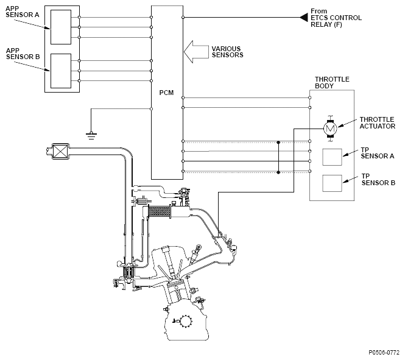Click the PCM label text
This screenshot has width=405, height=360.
tap(166, 93)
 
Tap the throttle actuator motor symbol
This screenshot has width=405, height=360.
tap(330, 128)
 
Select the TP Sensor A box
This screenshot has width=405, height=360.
tap(332, 157)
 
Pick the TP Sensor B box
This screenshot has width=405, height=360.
tap(332, 183)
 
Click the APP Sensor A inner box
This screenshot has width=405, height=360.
tap(61, 27)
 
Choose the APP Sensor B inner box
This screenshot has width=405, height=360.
tap(61, 71)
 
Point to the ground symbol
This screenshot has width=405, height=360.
tap(91, 135)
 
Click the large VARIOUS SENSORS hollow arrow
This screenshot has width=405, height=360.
tap(196, 52)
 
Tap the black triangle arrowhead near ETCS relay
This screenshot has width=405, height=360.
tap(303, 18)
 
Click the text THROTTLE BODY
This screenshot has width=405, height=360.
tap(332, 83)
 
